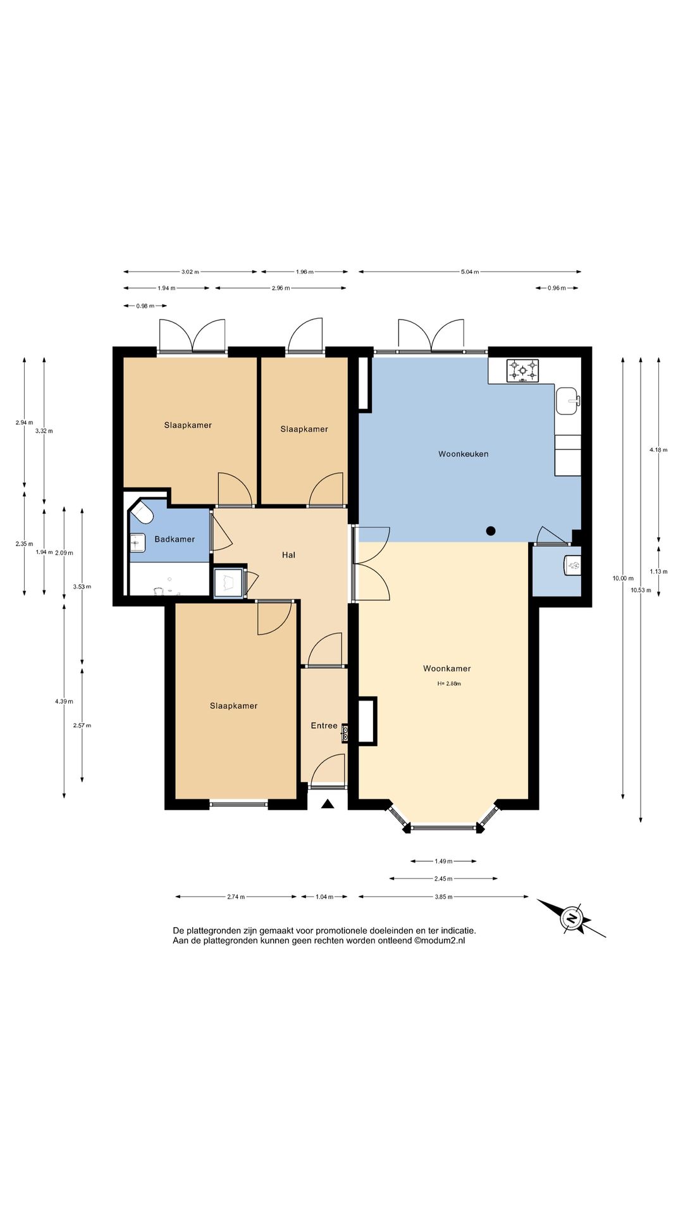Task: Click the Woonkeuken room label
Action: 463,454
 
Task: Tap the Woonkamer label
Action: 446,668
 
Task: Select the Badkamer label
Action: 175,539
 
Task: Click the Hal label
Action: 288,555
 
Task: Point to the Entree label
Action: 324,726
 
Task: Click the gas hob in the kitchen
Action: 522,371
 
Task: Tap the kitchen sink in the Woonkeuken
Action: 567,401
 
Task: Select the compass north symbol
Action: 572,918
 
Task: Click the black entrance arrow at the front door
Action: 327,804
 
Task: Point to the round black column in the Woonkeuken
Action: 491,531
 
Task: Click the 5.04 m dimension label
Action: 470,272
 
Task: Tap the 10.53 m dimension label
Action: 641,590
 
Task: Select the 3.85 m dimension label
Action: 443,897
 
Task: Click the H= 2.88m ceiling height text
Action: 449,683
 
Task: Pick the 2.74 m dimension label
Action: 236,897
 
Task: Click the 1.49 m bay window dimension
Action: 443,861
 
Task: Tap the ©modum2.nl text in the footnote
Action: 440,941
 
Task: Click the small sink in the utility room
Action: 572,564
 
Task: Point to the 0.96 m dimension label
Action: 557,289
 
